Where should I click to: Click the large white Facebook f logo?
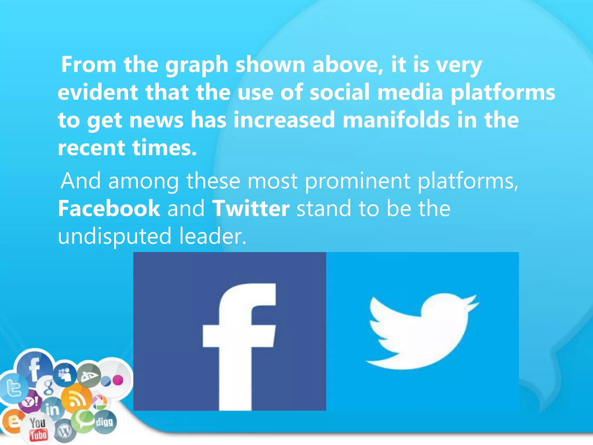tap(239, 345)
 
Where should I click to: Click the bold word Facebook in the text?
tap(109, 208)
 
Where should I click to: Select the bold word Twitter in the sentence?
tap(251, 208)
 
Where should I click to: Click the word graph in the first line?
tap(197, 65)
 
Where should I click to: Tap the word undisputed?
tap(115, 236)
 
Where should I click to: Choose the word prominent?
tap(358, 181)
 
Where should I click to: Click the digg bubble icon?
tap(104, 422)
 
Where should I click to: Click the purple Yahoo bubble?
tap(30, 402)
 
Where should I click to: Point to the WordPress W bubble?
tap(65, 432)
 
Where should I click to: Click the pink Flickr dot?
tap(118, 380)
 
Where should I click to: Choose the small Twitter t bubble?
tap(13, 389)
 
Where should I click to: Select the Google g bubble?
tap(48, 387)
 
